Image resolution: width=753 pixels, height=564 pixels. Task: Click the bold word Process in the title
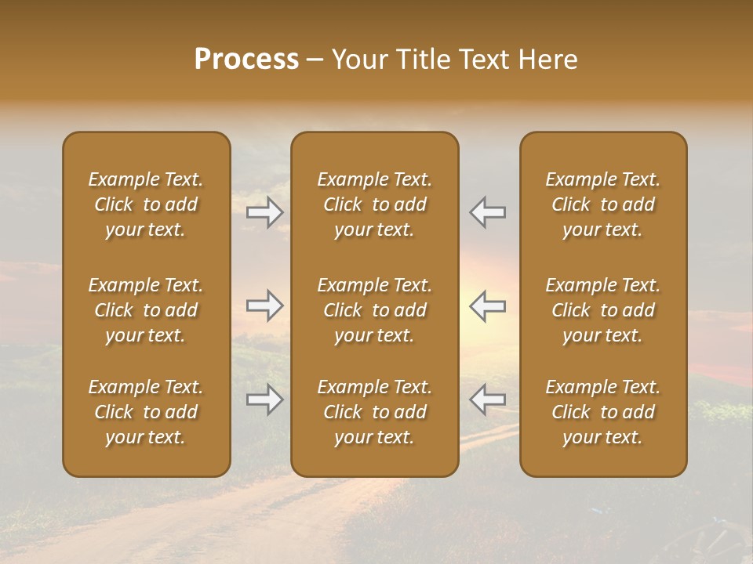pos(246,60)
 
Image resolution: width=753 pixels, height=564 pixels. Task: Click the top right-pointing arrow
pos(265,212)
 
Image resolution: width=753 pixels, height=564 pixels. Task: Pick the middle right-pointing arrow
pos(265,305)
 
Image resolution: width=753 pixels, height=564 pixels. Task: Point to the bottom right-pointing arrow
pos(265,399)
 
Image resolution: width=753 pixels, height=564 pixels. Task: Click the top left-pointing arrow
pos(487,212)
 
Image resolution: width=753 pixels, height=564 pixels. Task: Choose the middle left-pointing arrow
pos(487,305)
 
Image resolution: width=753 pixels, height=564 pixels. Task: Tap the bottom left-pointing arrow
pos(487,399)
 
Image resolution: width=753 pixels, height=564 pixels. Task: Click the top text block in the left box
pos(146,204)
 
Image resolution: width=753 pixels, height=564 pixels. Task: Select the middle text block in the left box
pos(146,310)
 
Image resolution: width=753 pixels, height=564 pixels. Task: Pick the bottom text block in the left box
pos(146,412)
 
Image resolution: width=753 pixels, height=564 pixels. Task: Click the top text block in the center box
pos(374,204)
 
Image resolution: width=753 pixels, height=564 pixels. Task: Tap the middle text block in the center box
pos(374,310)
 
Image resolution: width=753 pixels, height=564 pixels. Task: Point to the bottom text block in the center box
pos(374,412)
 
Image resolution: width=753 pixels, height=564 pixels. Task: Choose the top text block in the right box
pos(602,204)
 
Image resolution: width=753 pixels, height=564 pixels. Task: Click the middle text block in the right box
pos(602,310)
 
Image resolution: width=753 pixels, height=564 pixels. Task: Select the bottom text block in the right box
pos(602,412)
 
